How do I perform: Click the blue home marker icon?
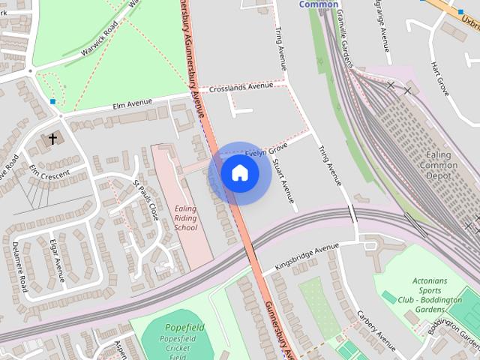coord(239,173)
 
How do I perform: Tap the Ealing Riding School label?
coord(185,217)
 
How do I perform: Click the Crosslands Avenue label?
coord(241,87)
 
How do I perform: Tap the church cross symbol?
coord(52,139)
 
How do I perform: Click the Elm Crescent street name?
coord(49,174)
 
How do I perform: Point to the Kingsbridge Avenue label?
coord(307,257)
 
